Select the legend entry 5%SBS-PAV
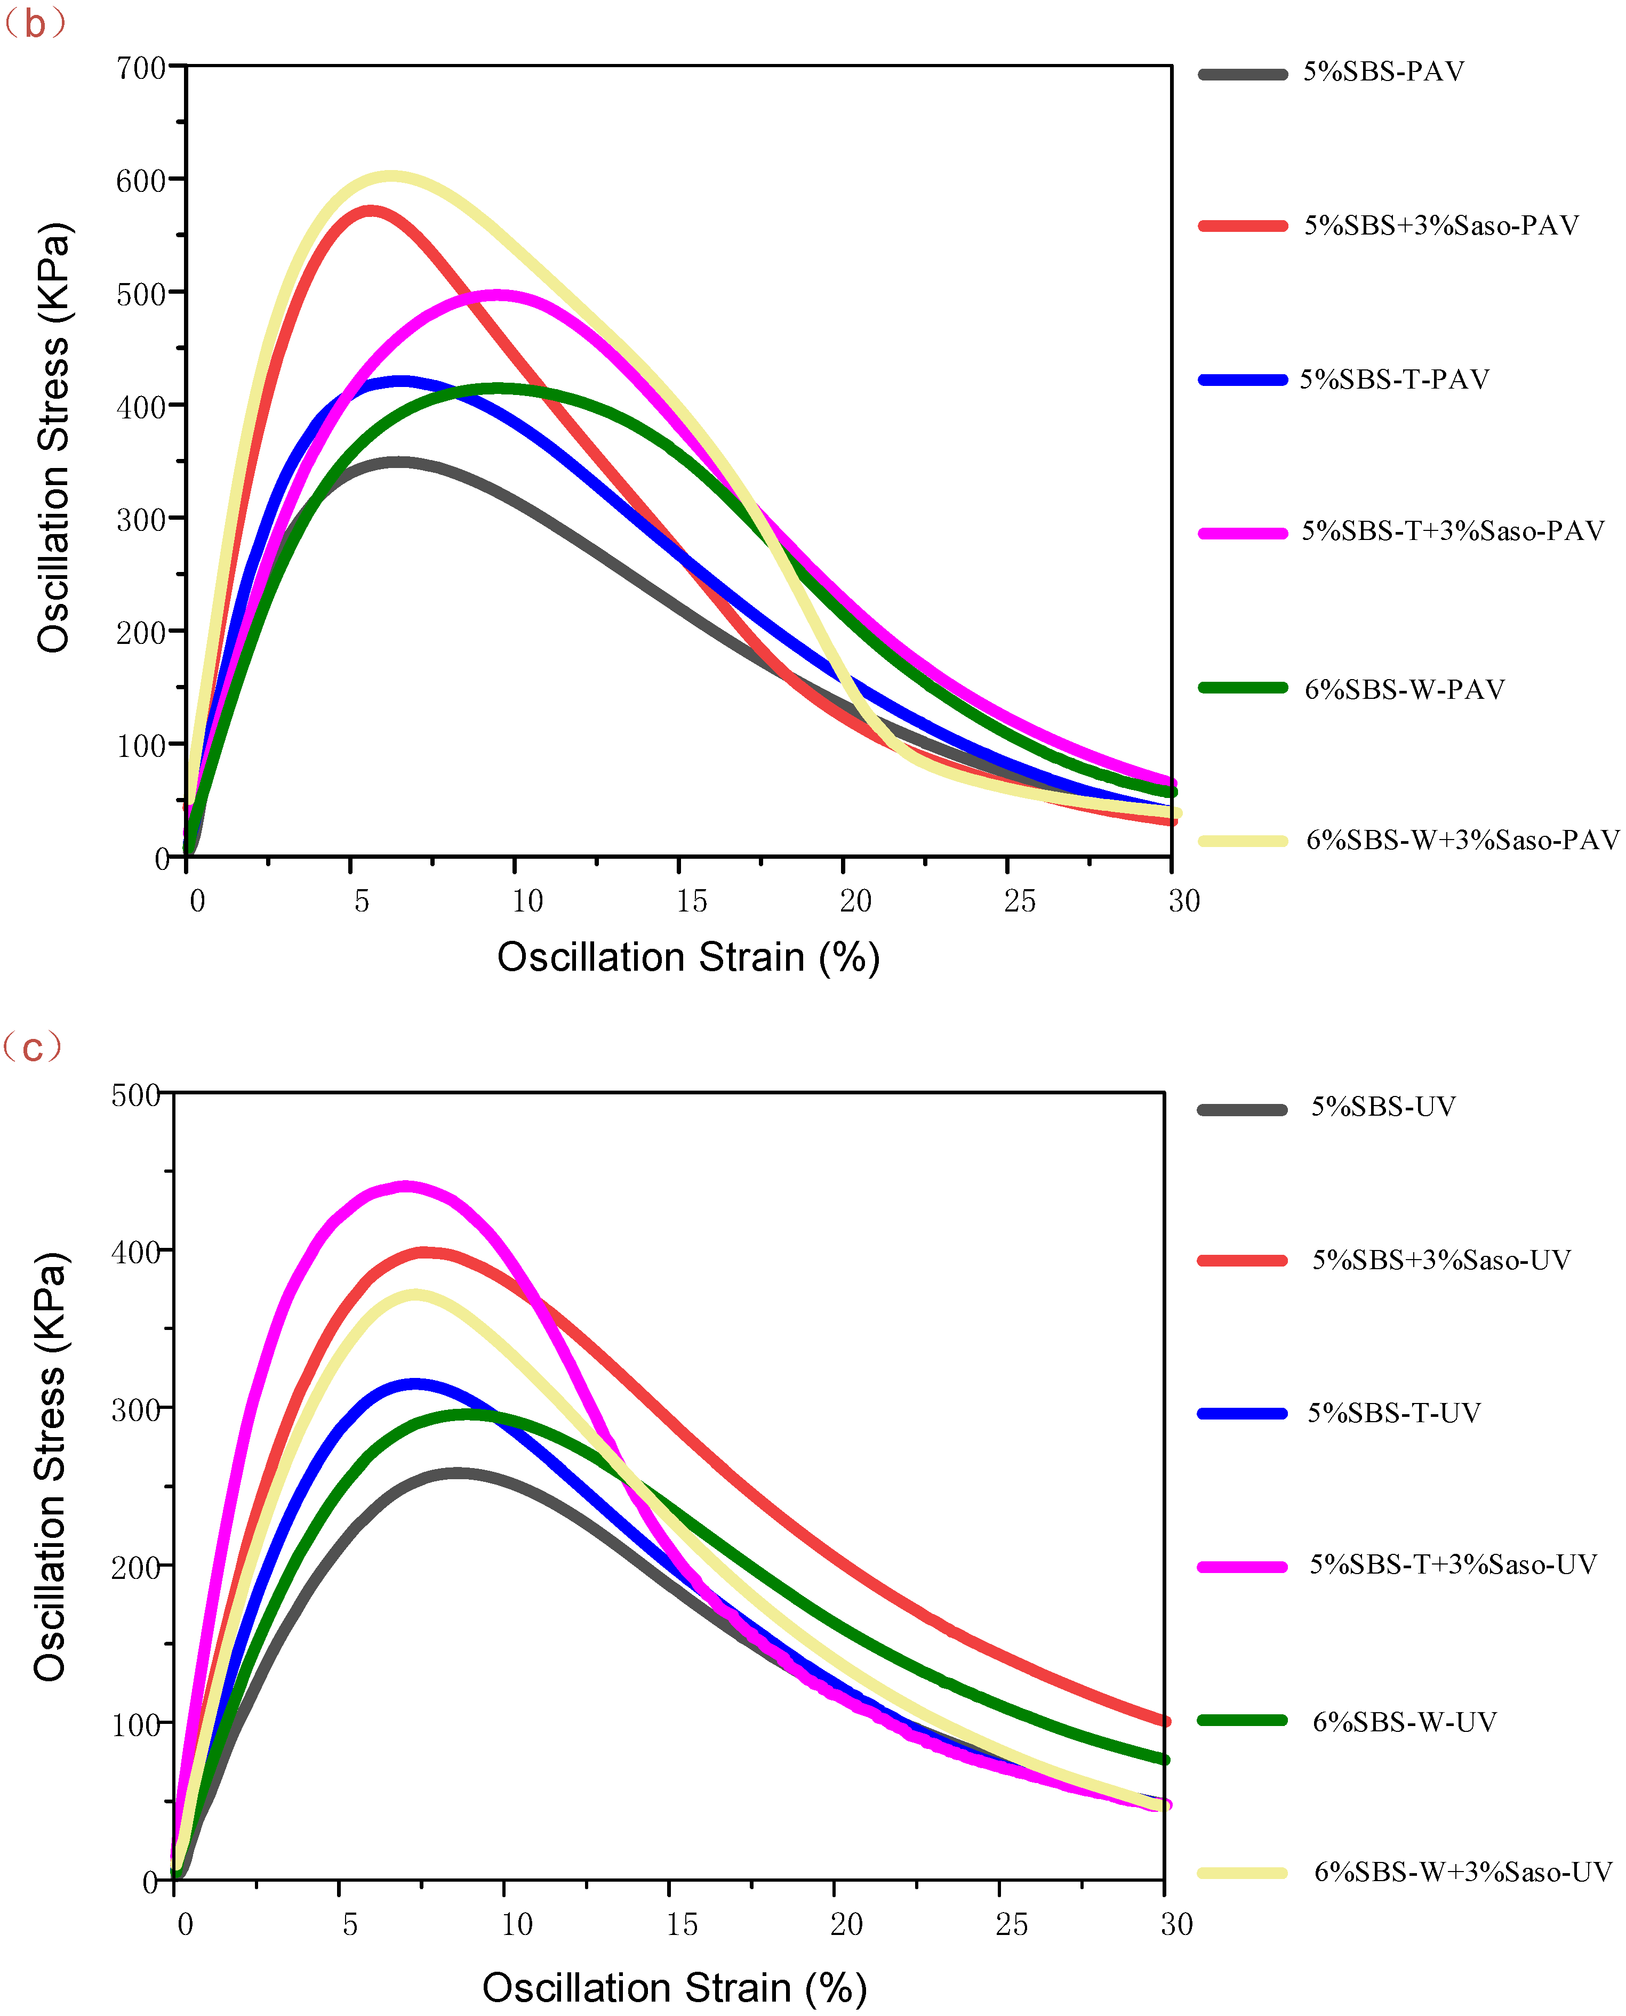pyautogui.click(x=1383, y=72)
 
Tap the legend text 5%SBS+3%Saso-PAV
pyautogui.click(x=1441, y=225)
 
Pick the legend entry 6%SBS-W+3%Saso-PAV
pyautogui.click(x=1462, y=840)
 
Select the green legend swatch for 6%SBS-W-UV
pyautogui.click(x=1242, y=1720)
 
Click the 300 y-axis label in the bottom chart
pyautogui.click(x=136, y=1410)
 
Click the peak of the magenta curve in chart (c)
pyautogui.click(x=405, y=1187)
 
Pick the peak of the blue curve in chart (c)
pyautogui.click(x=414, y=1383)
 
